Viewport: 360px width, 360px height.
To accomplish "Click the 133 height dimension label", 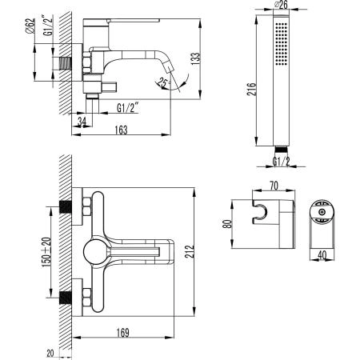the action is pyautogui.click(x=195, y=58).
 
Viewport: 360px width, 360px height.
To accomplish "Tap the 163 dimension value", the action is pyautogui.click(x=121, y=130).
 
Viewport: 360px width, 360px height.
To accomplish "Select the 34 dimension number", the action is pyautogui.click(x=82, y=122).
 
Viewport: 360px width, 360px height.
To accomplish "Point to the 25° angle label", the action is pyautogui.click(x=162, y=82).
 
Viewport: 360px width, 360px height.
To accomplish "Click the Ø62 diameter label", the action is pyautogui.click(x=30, y=26).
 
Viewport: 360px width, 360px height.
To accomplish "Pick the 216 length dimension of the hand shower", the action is pyautogui.click(x=251, y=89).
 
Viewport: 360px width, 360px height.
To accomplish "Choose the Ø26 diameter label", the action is pyautogui.click(x=281, y=5).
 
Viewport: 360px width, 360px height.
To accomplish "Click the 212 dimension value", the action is pyautogui.click(x=190, y=251).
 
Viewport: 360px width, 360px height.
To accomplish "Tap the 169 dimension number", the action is pyautogui.click(x=123, y=333).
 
